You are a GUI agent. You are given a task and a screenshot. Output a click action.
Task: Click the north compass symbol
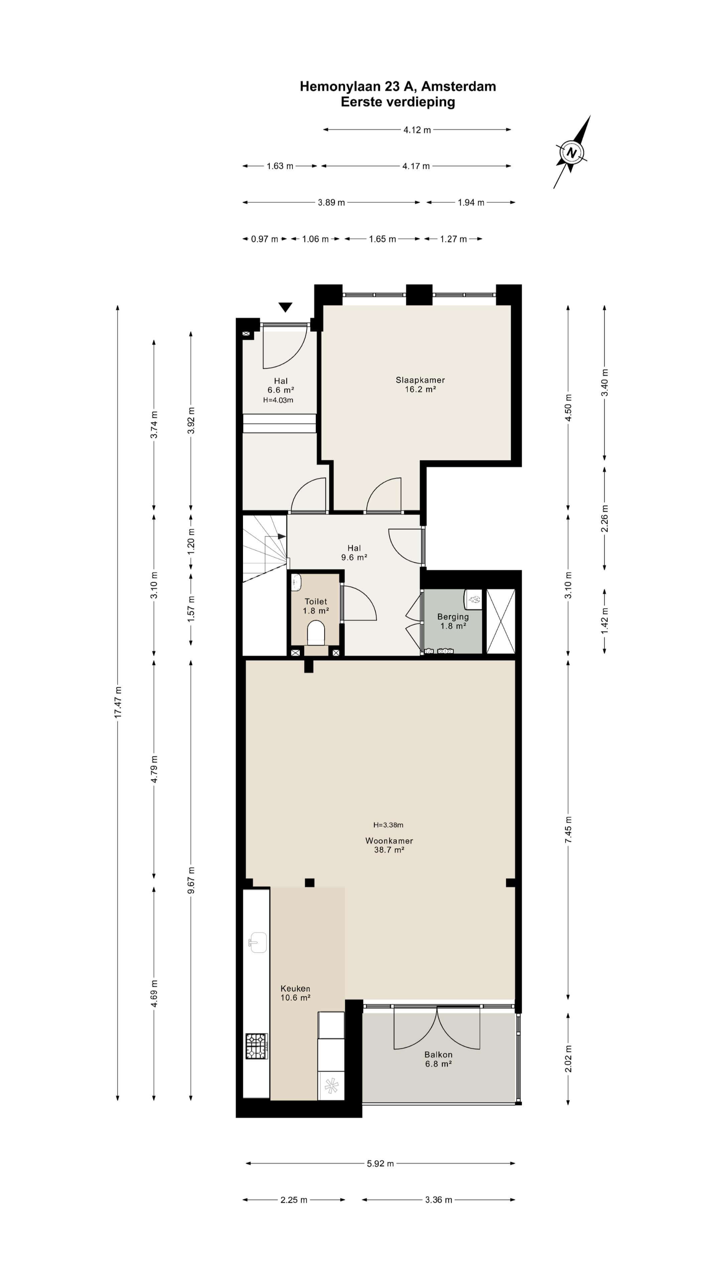tap(572, 152)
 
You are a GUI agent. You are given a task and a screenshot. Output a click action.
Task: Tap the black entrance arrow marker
tap(285, 307)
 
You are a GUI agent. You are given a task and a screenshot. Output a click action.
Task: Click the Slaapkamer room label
tap(420, 380)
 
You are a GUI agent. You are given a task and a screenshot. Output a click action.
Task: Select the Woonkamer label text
tap(389, 840)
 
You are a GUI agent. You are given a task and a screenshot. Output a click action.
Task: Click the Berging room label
tap(453, 617)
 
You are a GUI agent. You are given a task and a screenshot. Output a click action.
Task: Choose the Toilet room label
tap(316, 602)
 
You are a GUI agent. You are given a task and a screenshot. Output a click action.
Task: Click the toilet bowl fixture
tap(316, 633)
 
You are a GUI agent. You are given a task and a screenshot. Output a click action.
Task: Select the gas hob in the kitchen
tap(257, 1046)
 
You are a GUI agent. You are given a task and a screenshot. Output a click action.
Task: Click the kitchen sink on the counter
tap(258, 942)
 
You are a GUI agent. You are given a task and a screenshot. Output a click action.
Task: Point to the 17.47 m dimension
tap(118, 702)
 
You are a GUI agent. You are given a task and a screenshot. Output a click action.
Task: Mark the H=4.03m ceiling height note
tap(278, 400)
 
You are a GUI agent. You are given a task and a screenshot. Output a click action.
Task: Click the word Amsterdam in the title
tap(458, 86)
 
